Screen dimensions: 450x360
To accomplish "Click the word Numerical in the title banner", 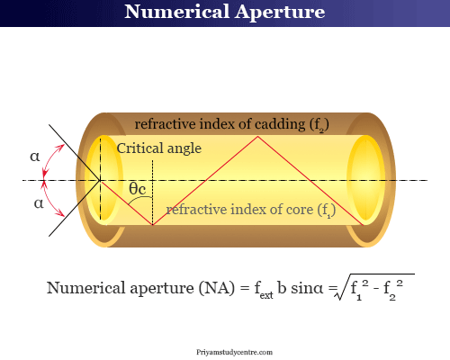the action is pyautogui.click(x=177, y=12).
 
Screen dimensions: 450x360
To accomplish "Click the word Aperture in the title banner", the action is pyautogui.click(x=280, y=13).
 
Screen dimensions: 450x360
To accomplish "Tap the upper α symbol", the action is pyautogui.click(x=35, y=157).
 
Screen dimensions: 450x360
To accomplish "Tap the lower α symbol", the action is pyautogui.click(x=39, y=203).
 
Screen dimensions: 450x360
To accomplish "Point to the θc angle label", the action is pyautogui.click(x=138, y=189).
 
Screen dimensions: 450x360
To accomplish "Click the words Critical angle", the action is pyautogui.click(x=159, y=148).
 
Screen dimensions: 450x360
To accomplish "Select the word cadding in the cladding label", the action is pyautogui.click(x=280, y=124).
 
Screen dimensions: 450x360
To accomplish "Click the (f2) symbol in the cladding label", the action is pyautogui.click(x=319, y=125).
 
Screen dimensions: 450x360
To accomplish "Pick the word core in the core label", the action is pyautogui.click(x=300, y=210).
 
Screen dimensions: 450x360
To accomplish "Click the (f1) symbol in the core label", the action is pyautogui.click(x=327, y=210).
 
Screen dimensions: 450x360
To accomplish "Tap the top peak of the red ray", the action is pyautogui.click(x=257, y=137).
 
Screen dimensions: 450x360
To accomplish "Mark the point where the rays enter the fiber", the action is pyautogui.click(x=100, y=180).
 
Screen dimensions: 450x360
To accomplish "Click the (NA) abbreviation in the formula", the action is pyautogui.click(x=216, y=288).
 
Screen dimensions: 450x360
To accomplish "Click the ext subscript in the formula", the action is pyautogui.click(x=266, y=295).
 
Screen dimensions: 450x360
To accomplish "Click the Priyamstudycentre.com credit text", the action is pyautogui.click(x=235, y=352).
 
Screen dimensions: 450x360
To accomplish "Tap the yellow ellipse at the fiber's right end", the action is pyautogui.click(x=366, y=180).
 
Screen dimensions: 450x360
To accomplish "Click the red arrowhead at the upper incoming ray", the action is pyautogui.click(x=61, y=147).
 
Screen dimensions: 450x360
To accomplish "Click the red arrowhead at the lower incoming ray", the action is pyautogui.click(x=61, y=213).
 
